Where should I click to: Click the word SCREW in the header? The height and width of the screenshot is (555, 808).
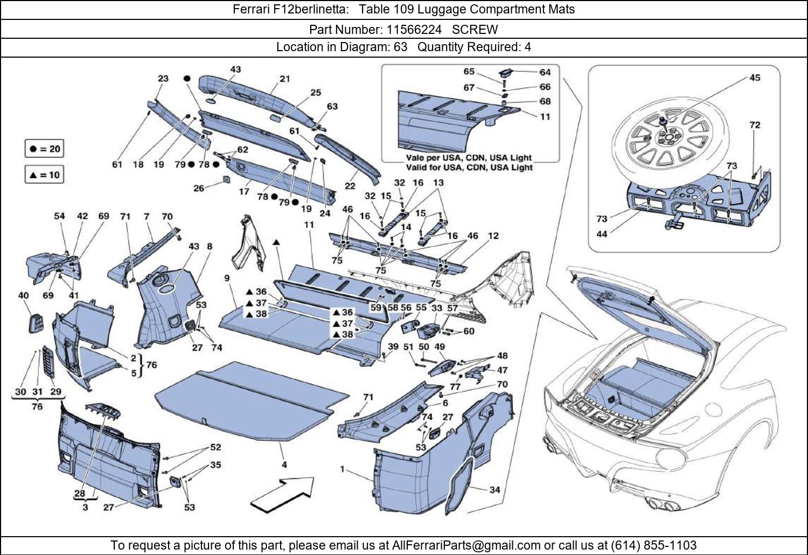tap(475, 29)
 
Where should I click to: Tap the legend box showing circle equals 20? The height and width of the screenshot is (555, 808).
tap(45, 149)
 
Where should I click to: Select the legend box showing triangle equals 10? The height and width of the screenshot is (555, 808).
tap(45, 175)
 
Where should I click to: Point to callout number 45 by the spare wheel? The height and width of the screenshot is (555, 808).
tap(755, 78)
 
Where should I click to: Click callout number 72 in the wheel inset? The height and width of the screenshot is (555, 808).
tap(755, 125)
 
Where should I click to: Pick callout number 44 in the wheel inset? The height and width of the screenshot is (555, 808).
tap(602, 234)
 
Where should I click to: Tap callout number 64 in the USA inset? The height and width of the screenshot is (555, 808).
tap(545, 72)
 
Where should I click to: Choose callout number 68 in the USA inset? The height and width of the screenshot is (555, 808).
tap(545, 101)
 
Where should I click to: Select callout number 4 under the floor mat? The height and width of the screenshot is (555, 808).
tap(284, 464)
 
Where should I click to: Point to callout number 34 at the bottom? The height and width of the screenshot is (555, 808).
tap(494, 490)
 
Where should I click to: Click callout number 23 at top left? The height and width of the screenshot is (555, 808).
tap(163, 79)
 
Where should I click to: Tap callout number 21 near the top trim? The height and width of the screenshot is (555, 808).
tap(284, 79)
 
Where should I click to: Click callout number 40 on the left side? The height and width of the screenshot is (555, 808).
tap(23, 295)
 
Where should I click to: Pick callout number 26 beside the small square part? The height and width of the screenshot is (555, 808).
tap(199, 188)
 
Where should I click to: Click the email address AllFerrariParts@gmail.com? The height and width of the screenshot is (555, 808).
tap(466, 545)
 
